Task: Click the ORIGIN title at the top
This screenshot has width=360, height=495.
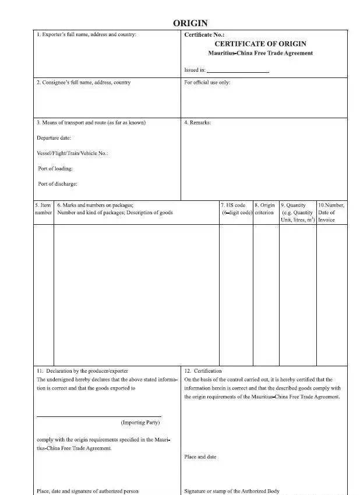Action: (190, 23)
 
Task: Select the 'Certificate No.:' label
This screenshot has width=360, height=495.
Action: (204, 35)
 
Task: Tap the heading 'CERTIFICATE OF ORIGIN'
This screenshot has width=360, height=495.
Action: (260, 44)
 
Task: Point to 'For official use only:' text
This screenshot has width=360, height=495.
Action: (207, 83)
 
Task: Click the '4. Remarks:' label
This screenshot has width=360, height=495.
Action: (197, 123)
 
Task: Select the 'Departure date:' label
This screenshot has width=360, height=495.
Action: (54, 138)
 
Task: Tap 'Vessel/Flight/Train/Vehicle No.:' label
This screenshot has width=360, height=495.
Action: (72, 153)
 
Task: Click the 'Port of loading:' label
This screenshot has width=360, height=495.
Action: (55, 168)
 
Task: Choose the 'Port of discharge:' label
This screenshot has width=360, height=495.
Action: (58, 184)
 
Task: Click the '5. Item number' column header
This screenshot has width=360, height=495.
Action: (43, 209)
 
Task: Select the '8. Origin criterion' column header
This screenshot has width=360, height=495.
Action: (265, 209)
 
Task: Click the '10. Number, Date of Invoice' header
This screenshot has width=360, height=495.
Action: (331, 213)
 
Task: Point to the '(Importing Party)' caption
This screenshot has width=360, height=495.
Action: (140, 422)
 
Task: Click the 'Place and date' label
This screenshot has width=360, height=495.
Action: (200, 457)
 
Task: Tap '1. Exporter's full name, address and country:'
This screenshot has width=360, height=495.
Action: (86, 35)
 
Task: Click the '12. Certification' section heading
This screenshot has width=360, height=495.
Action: (203, 371)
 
